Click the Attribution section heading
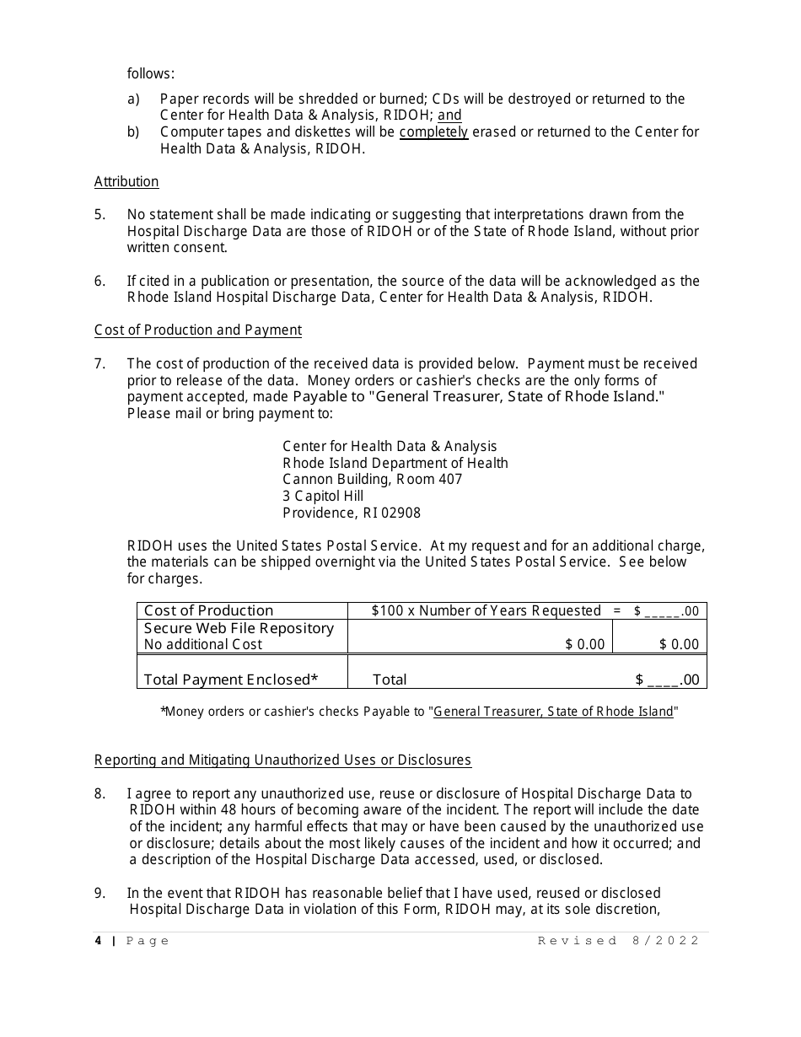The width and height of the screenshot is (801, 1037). (126, 181)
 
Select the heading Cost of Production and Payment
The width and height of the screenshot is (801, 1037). (197, 330)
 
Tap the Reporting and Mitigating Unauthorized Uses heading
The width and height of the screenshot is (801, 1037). (282, 760)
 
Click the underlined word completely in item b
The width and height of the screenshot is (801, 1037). (433, 132)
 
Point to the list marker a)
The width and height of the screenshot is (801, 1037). (133, 99)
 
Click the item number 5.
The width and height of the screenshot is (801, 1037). (99, 214)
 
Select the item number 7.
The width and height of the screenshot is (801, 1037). (99, 363)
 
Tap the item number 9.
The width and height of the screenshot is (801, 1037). (99, 893)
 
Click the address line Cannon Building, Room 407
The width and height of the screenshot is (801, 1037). (372, 479)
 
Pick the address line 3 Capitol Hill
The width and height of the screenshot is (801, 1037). (323, 496)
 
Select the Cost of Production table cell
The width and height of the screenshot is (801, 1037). (209, 610)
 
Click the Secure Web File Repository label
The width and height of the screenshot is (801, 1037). (239, 628)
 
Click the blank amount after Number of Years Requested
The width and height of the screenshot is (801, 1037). (662, 612)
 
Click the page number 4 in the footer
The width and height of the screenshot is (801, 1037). (98, 941)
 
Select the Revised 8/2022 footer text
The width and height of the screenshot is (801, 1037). (619, 941)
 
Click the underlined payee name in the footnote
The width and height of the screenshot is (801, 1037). (553, 712)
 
